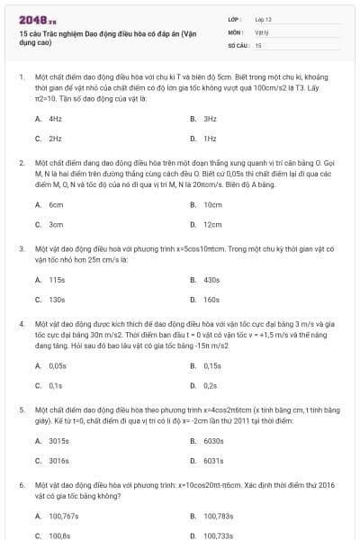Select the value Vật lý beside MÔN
261,31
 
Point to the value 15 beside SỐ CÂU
258,44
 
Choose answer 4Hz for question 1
55,119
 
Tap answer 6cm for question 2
56,204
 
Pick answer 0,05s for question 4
58,365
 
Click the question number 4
21,321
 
